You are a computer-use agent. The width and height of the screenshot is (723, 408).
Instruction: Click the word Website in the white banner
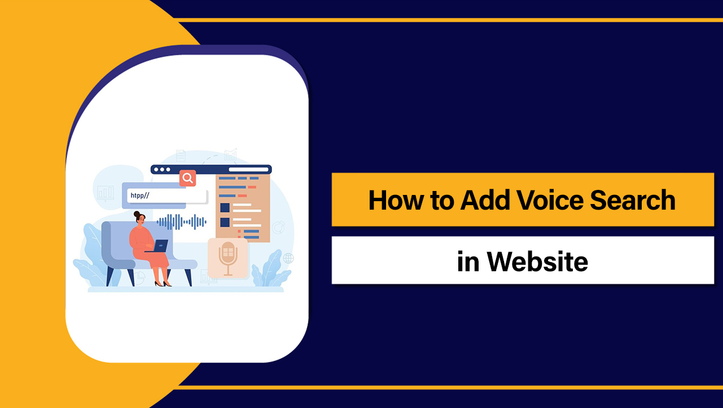(538, 261)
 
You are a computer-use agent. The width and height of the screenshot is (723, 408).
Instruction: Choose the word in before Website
(468, 261)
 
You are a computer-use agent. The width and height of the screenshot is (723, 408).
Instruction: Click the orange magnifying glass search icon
(187, 178)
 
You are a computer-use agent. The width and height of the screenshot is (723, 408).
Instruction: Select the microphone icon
(227, 258)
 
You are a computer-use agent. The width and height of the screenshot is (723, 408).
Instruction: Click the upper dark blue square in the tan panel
(225, 207)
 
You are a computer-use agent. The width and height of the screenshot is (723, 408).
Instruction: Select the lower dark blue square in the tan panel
(225, 222)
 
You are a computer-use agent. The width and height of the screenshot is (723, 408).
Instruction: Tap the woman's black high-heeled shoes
(163, 283)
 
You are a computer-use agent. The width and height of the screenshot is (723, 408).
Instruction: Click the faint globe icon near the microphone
(288, 258)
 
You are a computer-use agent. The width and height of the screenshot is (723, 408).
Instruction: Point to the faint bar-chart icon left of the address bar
(106, 193)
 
